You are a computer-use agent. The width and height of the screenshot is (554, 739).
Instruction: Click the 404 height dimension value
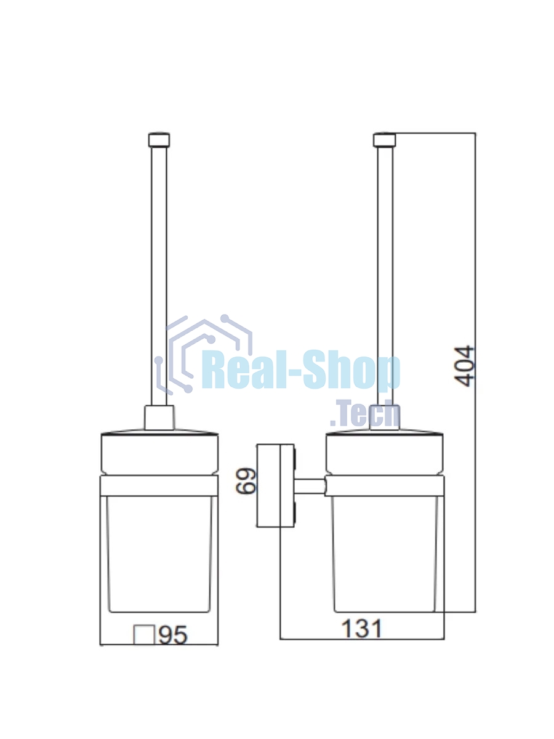[x=464, y=366]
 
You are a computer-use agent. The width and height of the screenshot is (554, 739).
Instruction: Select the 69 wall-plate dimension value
[x=246, y=481]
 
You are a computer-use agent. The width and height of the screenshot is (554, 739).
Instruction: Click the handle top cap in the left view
[x=159, y=140]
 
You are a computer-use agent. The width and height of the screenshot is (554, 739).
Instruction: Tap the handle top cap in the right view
[x=385, y=140]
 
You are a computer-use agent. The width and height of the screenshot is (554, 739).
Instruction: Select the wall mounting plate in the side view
[x=276, y=485]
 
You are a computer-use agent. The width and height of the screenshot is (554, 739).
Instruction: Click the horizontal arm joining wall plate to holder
[x=310, y=487]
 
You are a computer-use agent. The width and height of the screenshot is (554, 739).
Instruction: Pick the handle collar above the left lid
[x=159, y=418]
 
